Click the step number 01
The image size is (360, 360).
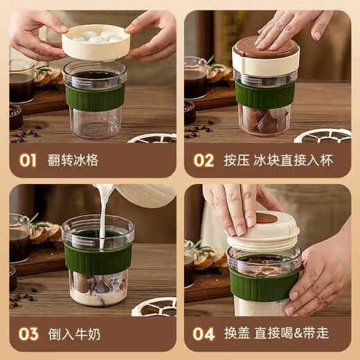tap(27, 161)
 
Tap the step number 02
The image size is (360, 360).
tap(203, 161)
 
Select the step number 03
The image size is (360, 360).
tap(28, 334)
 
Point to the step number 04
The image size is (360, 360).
tap(204, 334)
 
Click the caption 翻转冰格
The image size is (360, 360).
tap(74, 161)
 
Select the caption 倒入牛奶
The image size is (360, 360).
tap(74, 334)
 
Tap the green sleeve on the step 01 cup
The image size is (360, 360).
tap(95, 98)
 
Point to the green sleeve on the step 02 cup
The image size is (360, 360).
tap(265, 95)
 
